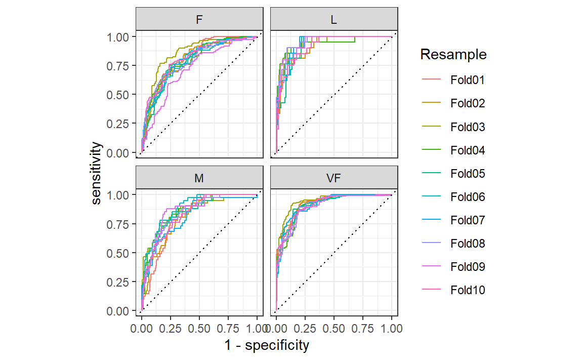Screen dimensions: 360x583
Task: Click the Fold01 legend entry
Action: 468,80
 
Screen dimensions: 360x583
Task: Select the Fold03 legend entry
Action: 468,127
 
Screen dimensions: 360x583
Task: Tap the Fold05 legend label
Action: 468,174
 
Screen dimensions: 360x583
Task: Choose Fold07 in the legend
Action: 468,220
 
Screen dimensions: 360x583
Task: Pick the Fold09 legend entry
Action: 468,267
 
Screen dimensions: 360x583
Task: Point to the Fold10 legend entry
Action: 468,290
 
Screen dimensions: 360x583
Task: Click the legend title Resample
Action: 453,55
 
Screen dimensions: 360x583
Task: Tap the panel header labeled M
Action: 200,179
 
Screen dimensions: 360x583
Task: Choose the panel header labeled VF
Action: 334,179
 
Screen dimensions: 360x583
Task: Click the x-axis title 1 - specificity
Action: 267,346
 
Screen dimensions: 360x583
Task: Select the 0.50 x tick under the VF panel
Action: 334,329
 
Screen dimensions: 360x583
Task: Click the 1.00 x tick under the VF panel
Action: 391,329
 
